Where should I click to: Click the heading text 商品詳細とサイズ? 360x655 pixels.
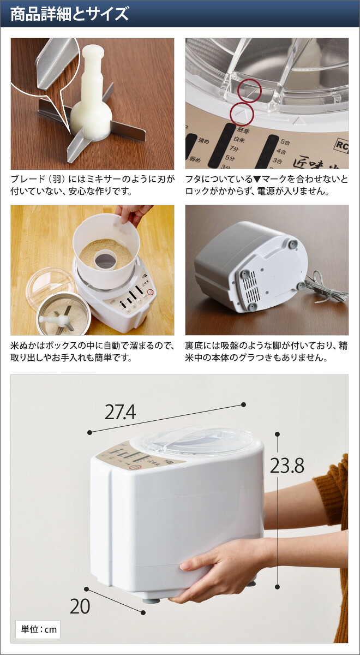pyautogui.click(x=70, y=14)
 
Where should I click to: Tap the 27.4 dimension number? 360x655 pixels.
pyautogui.click(x=120, y=413)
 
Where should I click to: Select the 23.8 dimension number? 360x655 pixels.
pyautogui.click(x=287, y=466)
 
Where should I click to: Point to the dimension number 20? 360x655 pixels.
pyautogui.click(x=80, y=606)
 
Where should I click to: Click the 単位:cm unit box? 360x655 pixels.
pyautogui.click(x=38, y=629)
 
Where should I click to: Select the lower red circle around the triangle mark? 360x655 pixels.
pyautogui.click(x=243, y=115)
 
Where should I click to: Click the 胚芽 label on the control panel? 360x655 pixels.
pyautogui.click(x=244, y=131)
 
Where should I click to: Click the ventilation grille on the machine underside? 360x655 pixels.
pyautogui.click(x=253, y=288)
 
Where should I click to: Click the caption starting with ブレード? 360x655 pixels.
pyautogui.click(x=92, y=185)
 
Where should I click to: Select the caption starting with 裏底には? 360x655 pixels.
pyautogui.click(x=266, y=352)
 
